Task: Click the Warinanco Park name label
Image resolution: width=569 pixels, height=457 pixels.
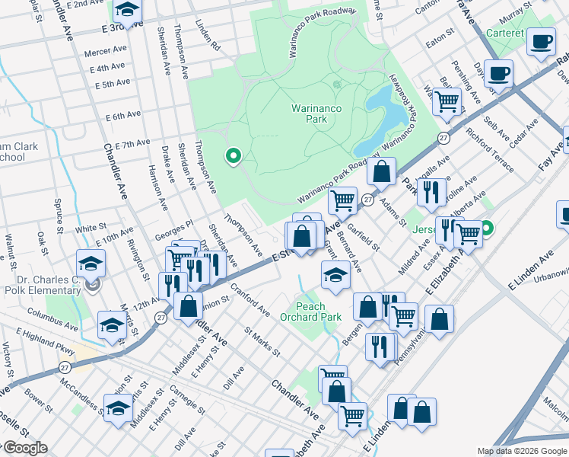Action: click(316, 114)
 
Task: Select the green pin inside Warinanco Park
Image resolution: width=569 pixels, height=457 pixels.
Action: click(234, 157)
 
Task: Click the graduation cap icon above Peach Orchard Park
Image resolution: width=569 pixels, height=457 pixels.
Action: click(335, 276)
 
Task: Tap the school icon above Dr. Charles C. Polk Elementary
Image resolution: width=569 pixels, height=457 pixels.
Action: click(91, 264)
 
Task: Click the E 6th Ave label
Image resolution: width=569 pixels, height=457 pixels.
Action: click(122, 115)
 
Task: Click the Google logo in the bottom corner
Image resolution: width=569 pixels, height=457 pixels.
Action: click(24, 448)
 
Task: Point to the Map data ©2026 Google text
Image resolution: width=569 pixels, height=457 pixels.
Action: click(522, 451)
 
